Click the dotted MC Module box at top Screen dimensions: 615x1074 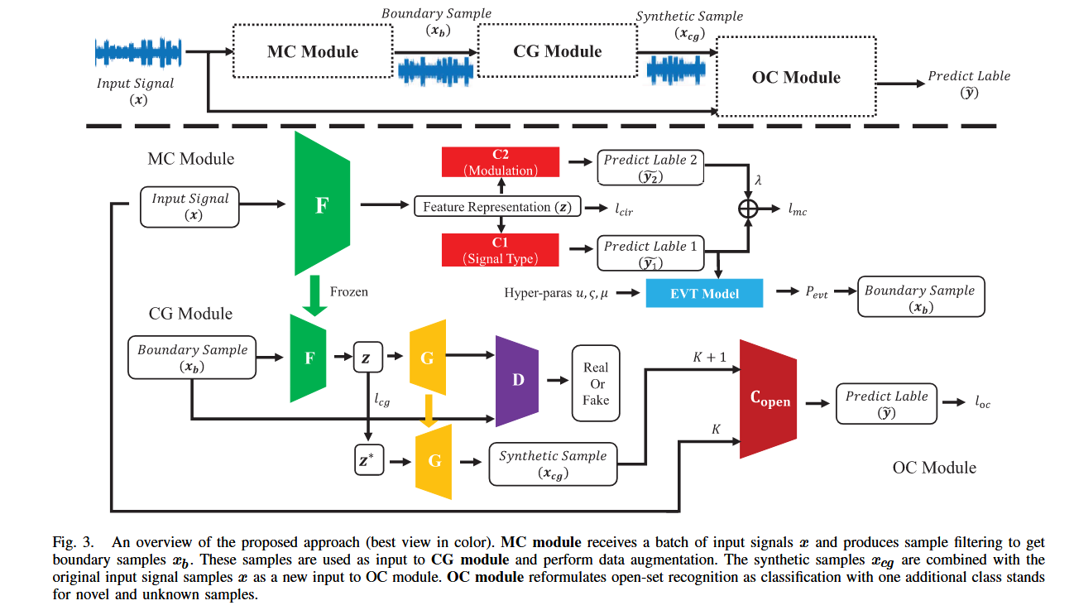pos(313,51)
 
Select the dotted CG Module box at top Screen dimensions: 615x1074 pos(558,51)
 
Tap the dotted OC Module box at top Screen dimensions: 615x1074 pos(795,77)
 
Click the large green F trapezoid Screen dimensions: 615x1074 pos(322,205)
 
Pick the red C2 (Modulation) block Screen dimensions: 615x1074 pos(500,162)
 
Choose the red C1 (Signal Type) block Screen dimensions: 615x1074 pos(500,251)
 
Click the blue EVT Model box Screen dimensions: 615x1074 pos(704,293)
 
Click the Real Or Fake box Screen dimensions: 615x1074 pos(596,383)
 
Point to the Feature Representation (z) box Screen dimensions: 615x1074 pos(498,207)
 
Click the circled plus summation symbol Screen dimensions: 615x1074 pos(748,208)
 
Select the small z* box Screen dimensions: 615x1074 pos(367,462)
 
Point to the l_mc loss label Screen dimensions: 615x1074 pos(797,211)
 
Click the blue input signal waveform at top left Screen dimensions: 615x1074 pos(138,54)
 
